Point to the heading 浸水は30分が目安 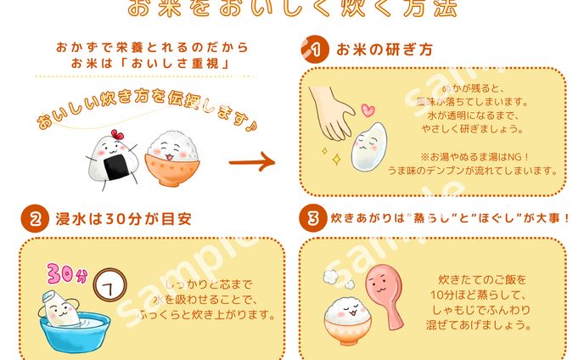tap(118, 218)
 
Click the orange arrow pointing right tap(253, 160)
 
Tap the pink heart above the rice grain tap(368, 110)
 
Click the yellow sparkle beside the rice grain tap(336, 160)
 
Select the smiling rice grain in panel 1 tap(367, 145)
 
